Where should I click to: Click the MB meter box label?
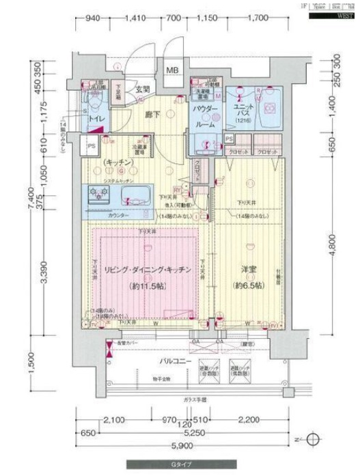(172, 70)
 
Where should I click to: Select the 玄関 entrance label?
(141, 89)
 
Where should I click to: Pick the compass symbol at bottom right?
(313, 438)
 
